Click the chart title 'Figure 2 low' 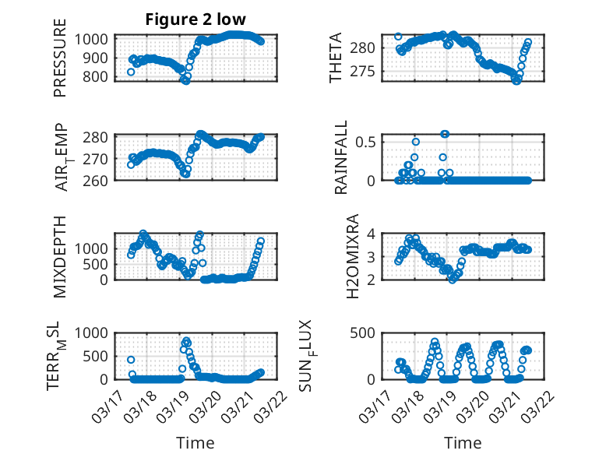196,19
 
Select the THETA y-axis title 336,58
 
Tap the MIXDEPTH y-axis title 60,255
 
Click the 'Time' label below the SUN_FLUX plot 463,442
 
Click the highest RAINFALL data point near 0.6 445,134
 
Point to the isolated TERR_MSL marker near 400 131,360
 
